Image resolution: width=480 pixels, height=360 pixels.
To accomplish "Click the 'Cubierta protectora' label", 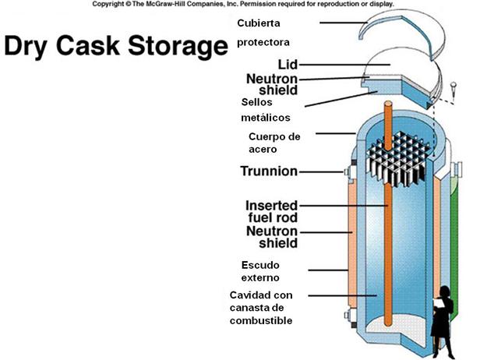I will (263, 32).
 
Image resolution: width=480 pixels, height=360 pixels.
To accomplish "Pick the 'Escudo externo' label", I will (260, 270).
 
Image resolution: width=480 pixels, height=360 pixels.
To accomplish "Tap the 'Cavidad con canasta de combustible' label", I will (262, 308).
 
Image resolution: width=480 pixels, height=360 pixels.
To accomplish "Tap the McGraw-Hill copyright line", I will (242, 4).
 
